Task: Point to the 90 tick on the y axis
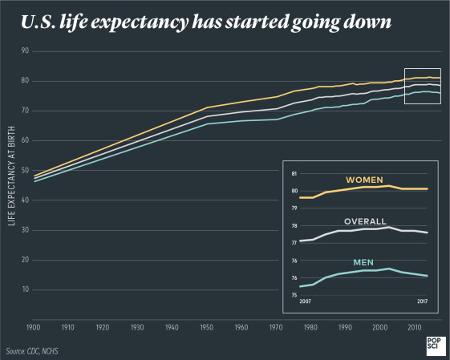(x=24, y=51)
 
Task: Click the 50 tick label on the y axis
(x=24, y=171)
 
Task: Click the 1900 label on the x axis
(x=33, y=328)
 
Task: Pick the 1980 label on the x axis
(x=310, y=328)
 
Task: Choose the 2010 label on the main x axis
(x=414, y=328)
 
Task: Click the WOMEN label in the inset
(x=363, y=180)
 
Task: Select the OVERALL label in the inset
(x=365, y=221)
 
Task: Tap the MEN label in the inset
(x=365, y=262)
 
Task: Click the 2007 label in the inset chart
(x=305, y=301)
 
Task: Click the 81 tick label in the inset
(x=294, y=174)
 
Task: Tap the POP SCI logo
(x=433, y=345)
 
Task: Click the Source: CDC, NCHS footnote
(x=32, y=351)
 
